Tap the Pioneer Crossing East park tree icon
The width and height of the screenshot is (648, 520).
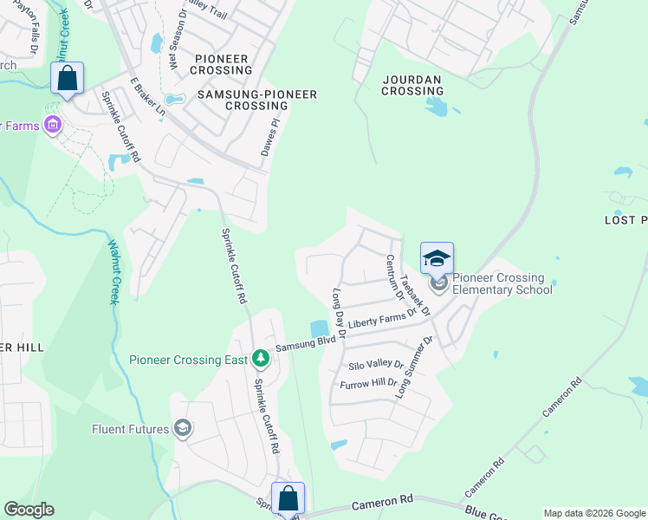pyautogui.click(x=260, y=359)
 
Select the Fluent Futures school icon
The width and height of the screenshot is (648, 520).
pyautogui.click(x=183, y=428)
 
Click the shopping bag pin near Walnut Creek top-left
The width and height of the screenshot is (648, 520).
pyautogui.click(x=67, y=79)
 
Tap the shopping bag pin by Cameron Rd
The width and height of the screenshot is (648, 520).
pyautogui.click(x=288, y=499)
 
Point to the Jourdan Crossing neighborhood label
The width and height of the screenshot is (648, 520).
pyautogui.click(x=412, y=85)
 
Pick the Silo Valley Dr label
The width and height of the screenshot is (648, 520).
pyautogui.click(x=376, y=365)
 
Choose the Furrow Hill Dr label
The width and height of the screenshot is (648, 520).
pyautogui.click(x=368, y=383)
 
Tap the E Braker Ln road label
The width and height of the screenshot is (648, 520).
pyautogui.click(x=147, y=96)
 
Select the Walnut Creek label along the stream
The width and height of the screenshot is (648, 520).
pyautogui.click(x=113, y=272)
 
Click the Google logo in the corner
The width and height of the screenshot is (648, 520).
pyautogui.click(x=29, y=510)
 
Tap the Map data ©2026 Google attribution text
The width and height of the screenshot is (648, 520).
pyautogui.click(x=593, y=513)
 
